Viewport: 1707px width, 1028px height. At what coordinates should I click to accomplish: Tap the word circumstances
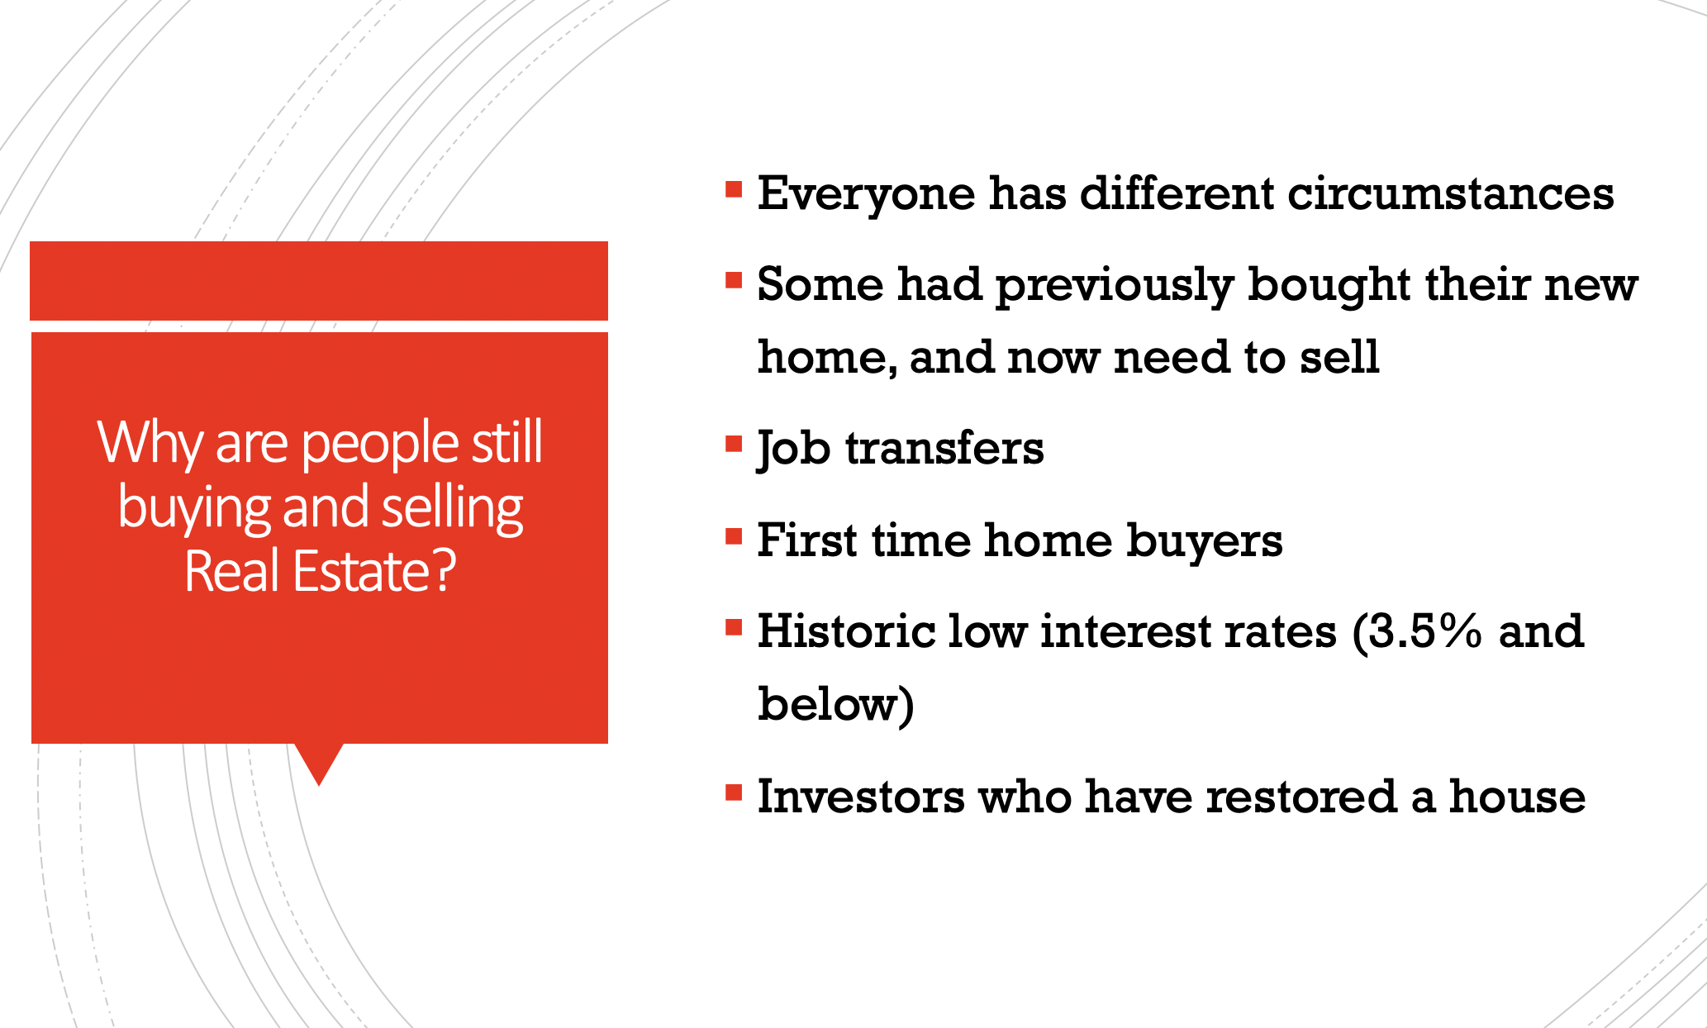click(x=1450, y=193)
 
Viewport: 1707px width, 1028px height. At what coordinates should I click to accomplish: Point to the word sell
click(x=1339, y=357)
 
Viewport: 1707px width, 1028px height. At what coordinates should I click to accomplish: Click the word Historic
click(x=846, y=631)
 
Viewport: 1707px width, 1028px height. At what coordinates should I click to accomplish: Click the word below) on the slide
click(x=836, y=705)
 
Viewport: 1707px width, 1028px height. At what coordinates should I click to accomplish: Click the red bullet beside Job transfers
click(x=734, y=445)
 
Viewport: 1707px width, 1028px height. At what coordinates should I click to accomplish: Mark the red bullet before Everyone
click(x=734, y=189)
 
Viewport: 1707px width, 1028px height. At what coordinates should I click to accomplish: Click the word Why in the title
click(x=150, y=445)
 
